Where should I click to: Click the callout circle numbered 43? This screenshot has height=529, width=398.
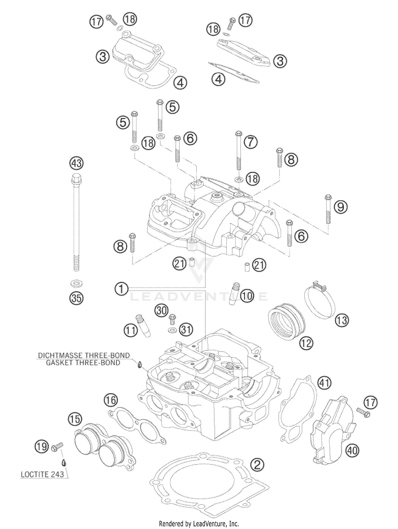click(x=76, y=163)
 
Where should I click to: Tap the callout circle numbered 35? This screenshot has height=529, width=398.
click(x=76, y=298)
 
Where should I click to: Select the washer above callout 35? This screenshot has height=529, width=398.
click(x=76, y=284)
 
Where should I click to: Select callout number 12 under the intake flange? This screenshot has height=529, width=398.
click(x=306, y=343)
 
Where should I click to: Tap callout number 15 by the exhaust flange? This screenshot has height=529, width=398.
click(x=75, y=419)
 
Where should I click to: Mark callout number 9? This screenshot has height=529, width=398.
click(x=340, y=207)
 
